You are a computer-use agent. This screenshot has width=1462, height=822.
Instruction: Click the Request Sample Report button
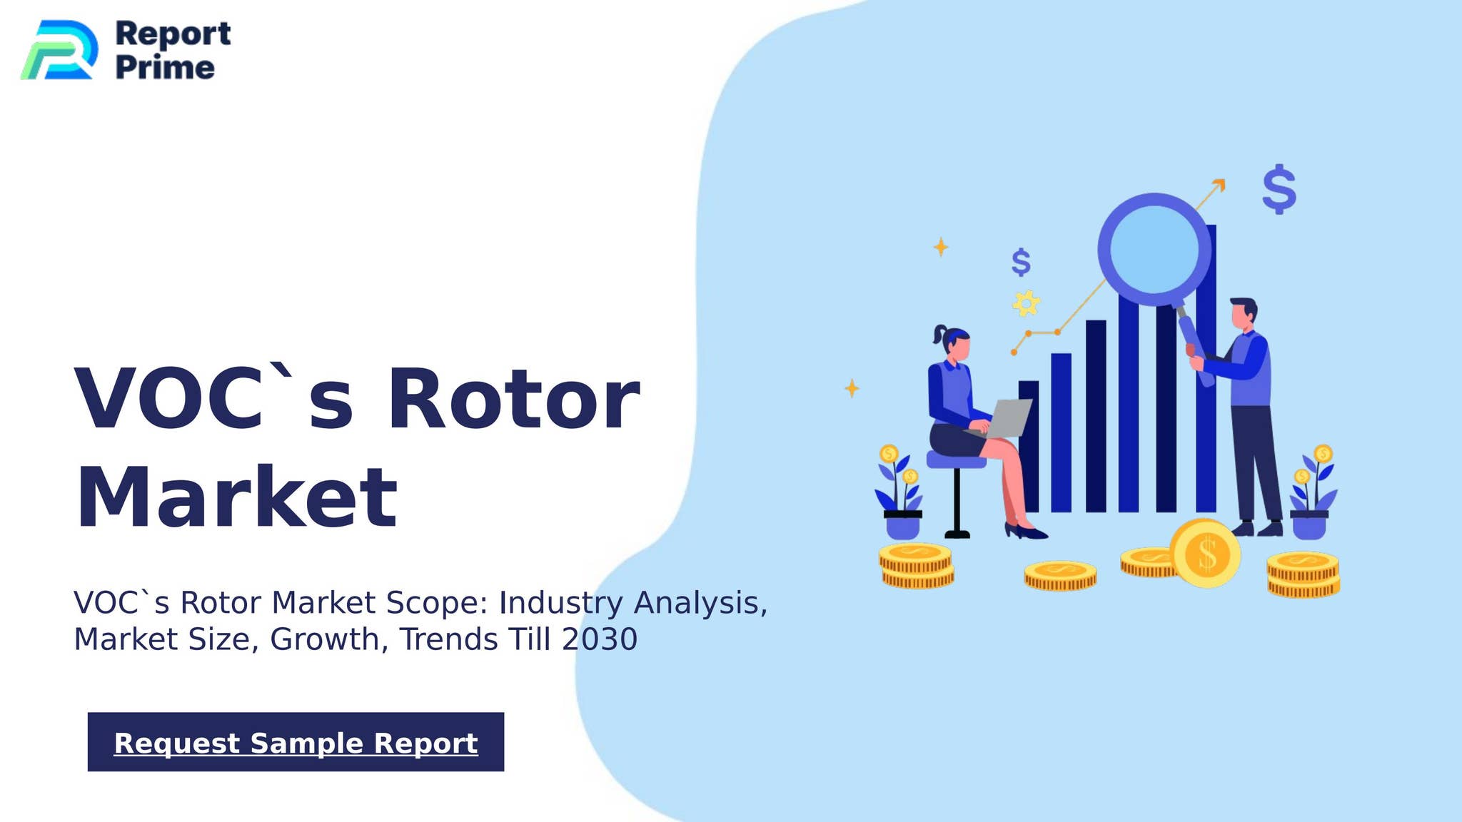(296, 742)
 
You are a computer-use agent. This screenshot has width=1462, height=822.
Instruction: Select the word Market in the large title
(236, 497)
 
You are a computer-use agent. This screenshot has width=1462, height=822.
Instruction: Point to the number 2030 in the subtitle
(599, 639)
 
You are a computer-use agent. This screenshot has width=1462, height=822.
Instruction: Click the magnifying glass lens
(1154, 248)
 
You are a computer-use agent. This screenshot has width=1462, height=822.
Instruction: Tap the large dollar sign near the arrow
(1279, 189)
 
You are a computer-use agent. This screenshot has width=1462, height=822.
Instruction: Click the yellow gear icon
(1026, 303)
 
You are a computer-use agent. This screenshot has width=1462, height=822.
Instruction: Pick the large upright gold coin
(1205, 554)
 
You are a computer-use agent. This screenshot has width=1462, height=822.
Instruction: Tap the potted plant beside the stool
(901, 496)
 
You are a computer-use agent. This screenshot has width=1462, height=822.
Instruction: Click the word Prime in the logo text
(164, 68)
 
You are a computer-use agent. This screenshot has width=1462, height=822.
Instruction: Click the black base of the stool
(957, 534)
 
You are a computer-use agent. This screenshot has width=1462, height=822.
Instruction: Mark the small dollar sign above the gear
(1021, 263)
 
